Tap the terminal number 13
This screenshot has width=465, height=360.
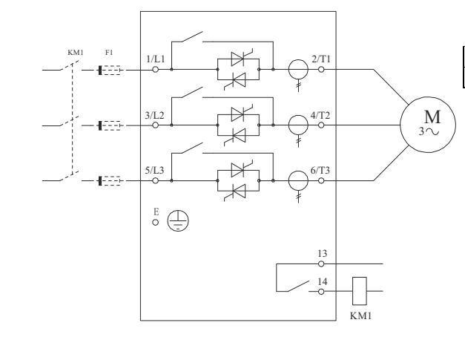point(320,253)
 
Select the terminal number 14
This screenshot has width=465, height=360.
point(320,281)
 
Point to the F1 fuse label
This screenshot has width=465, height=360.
point(110,53)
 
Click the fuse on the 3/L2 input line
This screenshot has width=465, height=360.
point(109,125)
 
